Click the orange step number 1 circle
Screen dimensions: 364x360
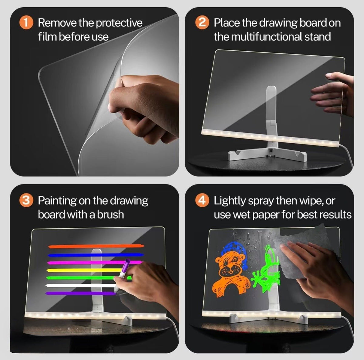coord(26,22)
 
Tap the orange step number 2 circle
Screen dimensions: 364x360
coord(202,22)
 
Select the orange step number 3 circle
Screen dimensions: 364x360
coord(26,200)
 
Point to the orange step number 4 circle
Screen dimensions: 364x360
coord(202,200)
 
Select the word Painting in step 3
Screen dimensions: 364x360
coord(57,201)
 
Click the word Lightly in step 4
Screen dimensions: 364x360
coord(229,201)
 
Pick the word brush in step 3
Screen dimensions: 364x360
coord(110,215)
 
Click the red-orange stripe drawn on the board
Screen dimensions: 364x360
coord(96,246)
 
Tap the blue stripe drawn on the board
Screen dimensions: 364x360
coord(96,255)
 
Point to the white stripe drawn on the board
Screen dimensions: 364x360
coord(81,286)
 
